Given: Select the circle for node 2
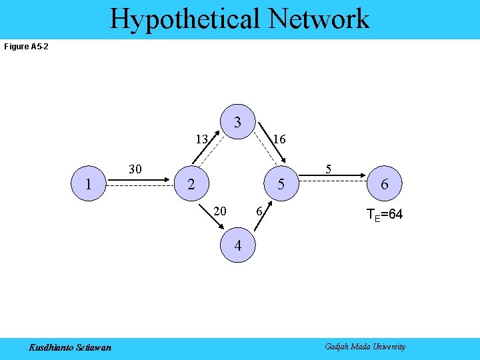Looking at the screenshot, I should tap(191, 184).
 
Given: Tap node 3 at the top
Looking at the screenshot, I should tap(237, 123).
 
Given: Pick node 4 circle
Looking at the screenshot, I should tap(237, 245).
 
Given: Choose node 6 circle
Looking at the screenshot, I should tap(384, 184).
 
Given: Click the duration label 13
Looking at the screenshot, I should tap(202, 139).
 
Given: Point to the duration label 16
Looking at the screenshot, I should tap(279, 139).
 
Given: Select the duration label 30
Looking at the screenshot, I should tap(135, 169).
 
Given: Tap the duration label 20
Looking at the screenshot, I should tap(219, 211).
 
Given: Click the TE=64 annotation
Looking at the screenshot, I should tap(385, 215).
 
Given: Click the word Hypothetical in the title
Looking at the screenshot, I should tap(185, 19).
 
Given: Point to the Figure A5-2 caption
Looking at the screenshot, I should tap(26, 47).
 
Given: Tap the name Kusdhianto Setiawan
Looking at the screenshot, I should tap(70, 347).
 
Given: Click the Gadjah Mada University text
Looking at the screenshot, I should tap(365, 347).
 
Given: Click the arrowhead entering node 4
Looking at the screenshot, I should tap(222, 228).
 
